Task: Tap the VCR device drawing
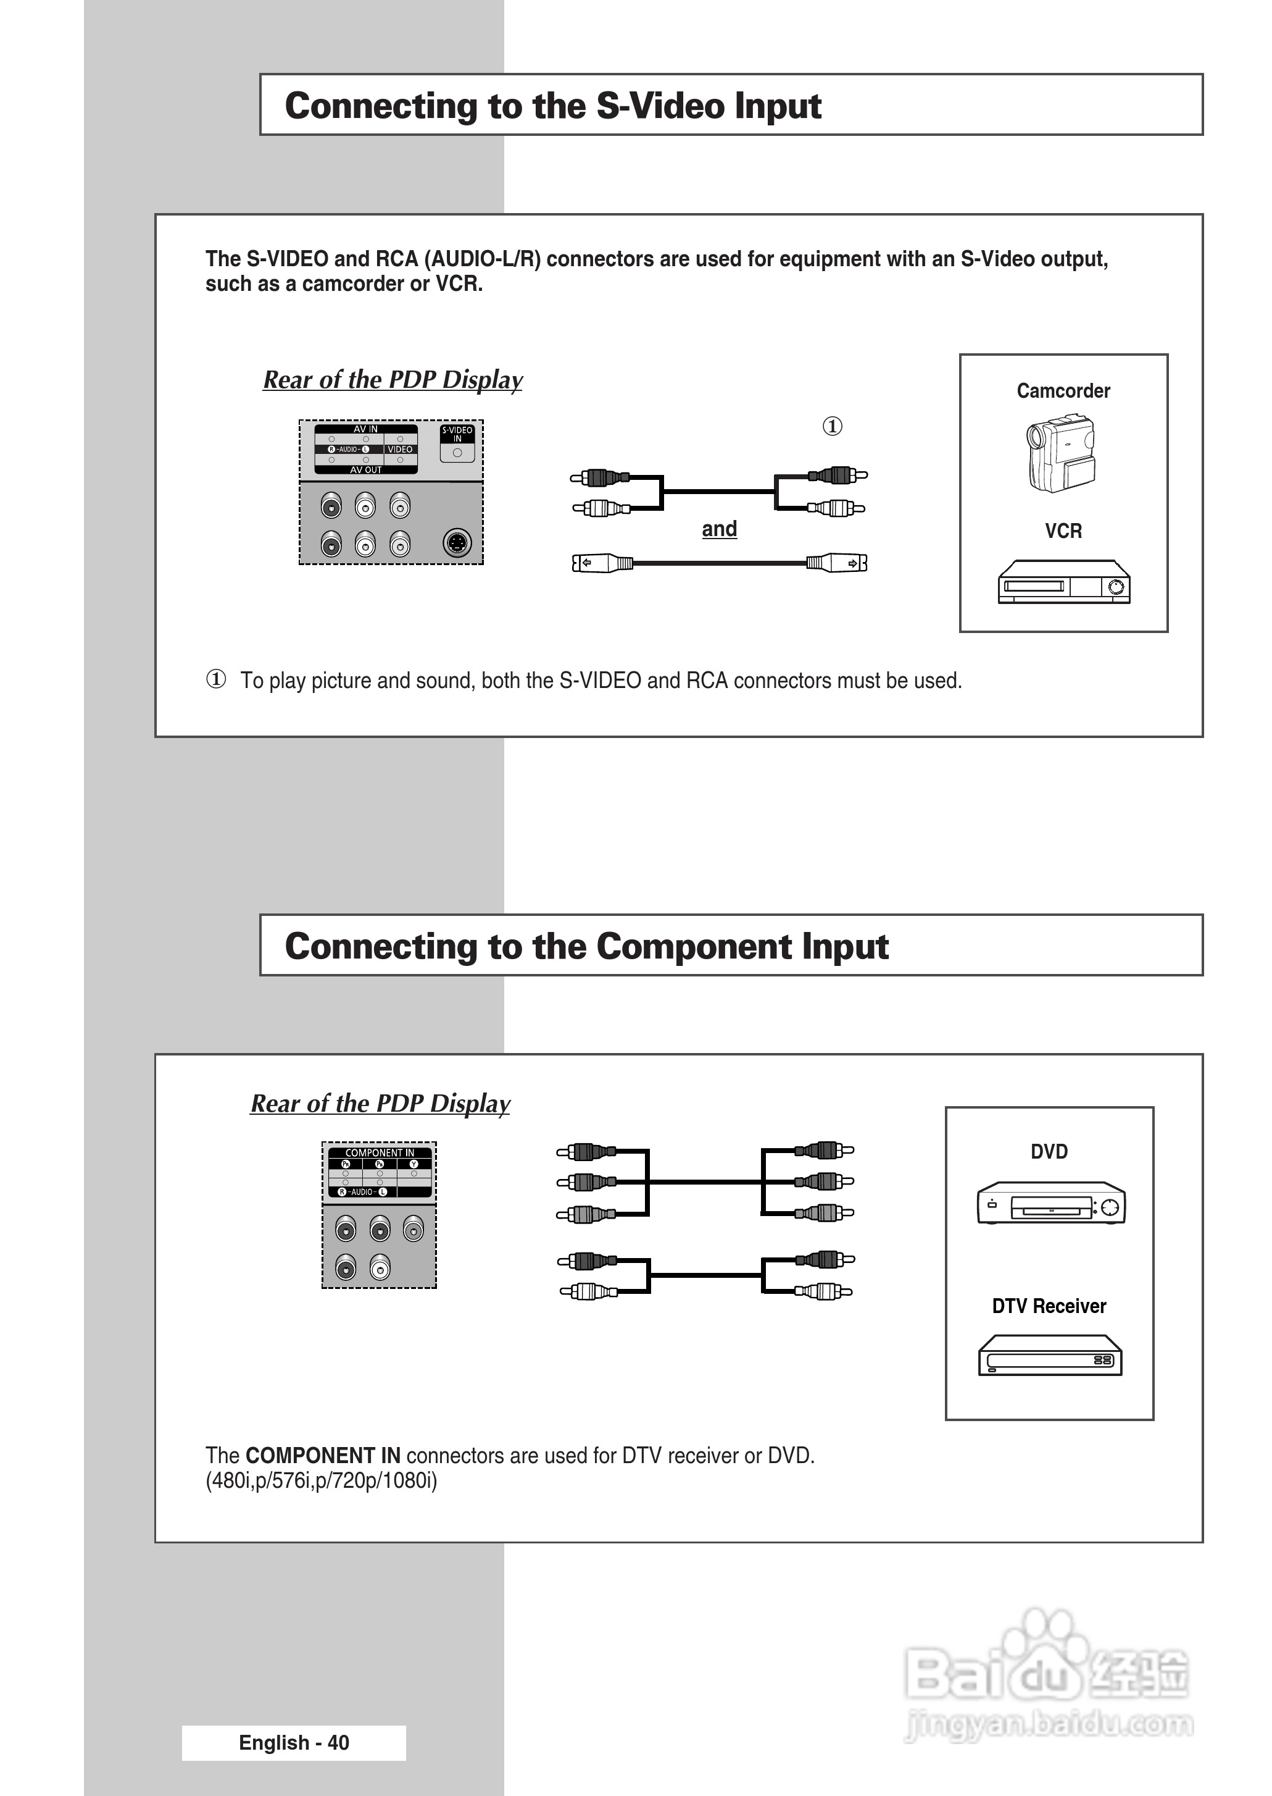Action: tap(1063, 582)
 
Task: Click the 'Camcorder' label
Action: tap(1063, 391)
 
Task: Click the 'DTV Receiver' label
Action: tap(1049, 1306)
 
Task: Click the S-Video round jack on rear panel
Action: tap(457, 542)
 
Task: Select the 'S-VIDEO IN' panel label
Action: tap(457, 434)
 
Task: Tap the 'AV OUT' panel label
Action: tap(366, 470)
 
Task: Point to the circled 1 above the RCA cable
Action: tap(832, 426)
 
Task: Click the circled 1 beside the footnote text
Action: tap(216, 679)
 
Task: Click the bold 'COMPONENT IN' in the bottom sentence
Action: tap(323, 1455)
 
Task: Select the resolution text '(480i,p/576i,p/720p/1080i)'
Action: tap(321, 1481)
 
